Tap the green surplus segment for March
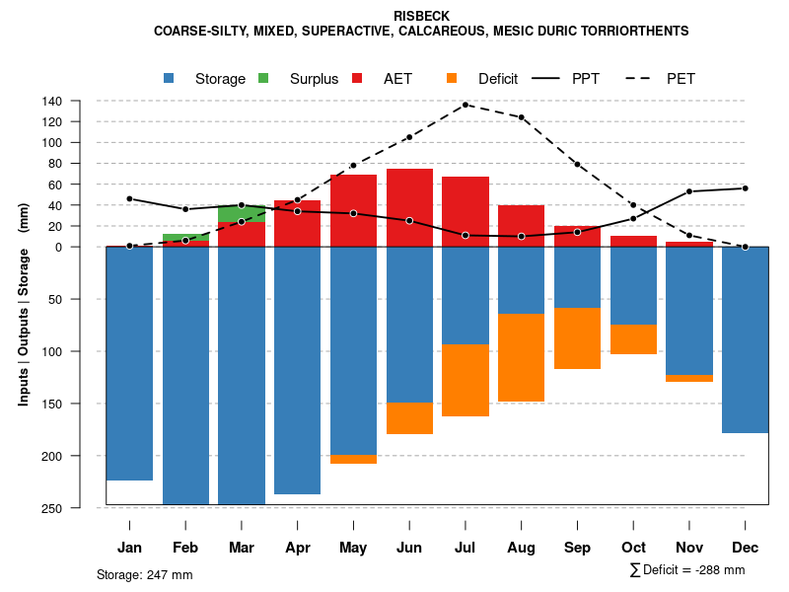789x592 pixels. coord(242,214)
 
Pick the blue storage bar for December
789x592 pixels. coord(745,339)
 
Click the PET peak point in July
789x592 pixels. coord(466,105)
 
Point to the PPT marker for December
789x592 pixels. coord(745,188)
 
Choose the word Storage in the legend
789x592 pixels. coord(220,79)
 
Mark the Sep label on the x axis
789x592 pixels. coord(577,548)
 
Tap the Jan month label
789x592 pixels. coord(129,548)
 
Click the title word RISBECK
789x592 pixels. coord(421,17)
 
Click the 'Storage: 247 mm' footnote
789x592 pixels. coord(145,574)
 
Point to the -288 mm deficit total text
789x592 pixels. coord(716,570)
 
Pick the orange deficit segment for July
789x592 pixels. coord(466,380)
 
